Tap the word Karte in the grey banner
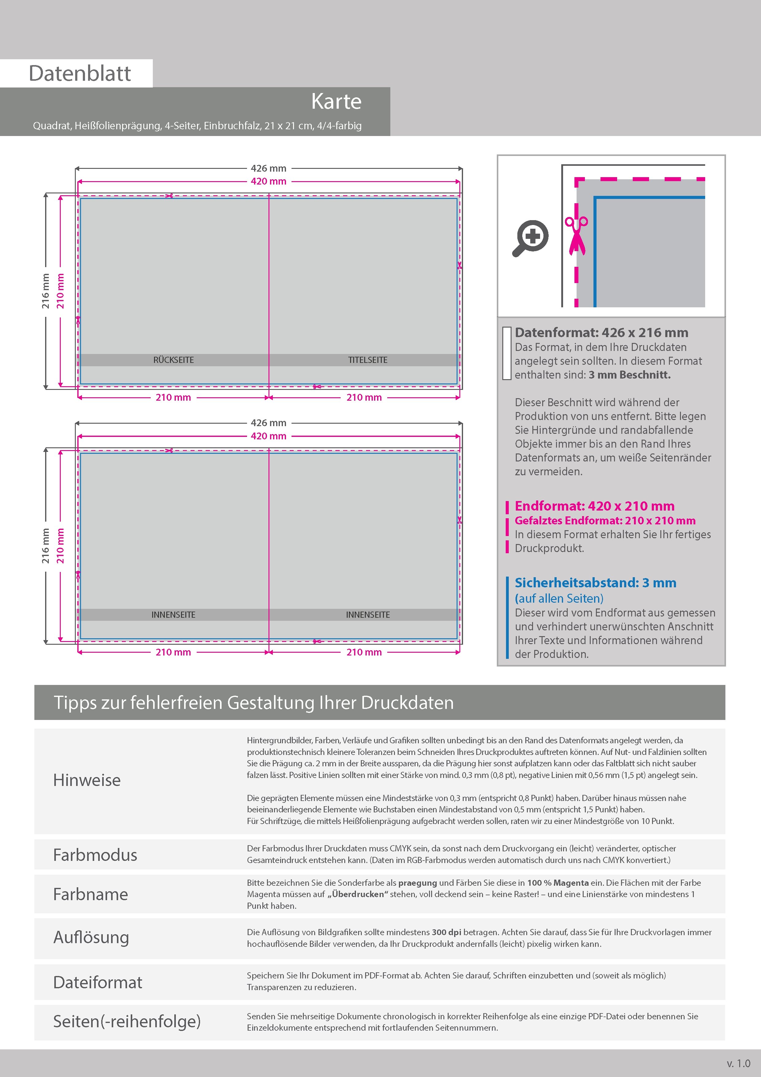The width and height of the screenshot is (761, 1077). pos(336,101)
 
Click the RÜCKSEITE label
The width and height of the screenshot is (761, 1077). pos(173,360)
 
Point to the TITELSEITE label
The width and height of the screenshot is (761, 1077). pos(368,360)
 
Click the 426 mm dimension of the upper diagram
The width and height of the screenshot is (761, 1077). pos(268,168)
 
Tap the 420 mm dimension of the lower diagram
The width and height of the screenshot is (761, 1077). pos(268,436)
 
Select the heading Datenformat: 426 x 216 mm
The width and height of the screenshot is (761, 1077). pos(601,332)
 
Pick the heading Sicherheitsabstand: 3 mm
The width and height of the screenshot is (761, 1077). pos(595,583)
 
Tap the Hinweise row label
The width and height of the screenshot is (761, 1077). pos(87,780)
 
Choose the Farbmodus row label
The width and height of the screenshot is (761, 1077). pos(95,855)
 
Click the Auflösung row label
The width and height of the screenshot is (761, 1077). pos(91,937)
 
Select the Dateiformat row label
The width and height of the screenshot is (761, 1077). pos(98,982)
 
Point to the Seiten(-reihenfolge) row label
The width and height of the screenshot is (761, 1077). pos(127,1021)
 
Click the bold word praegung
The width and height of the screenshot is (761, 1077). pos(417,883)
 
